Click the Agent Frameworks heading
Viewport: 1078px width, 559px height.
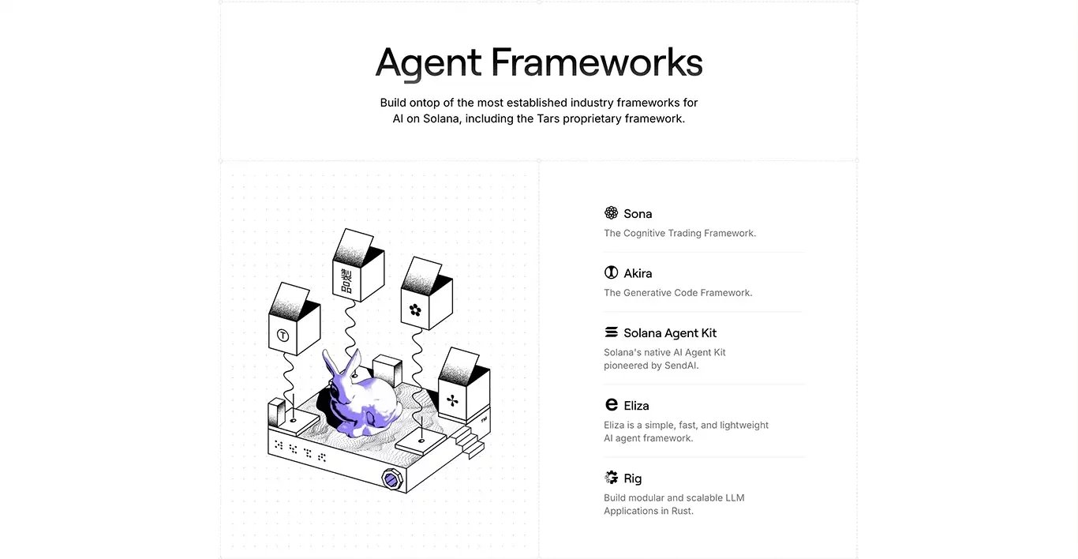pos(539,63)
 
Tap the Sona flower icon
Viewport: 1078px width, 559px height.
pos(611,213)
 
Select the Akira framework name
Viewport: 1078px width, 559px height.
pos(638,273)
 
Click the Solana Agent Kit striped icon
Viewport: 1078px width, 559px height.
pos(611,332)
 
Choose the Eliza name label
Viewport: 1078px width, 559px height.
pos(636,406)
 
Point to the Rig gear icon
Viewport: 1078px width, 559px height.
pos(611,478)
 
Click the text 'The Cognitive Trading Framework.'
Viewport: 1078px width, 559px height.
pos(680,233)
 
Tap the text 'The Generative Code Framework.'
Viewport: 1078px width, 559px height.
pos(678,293)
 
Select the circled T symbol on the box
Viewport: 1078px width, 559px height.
pos(283,336)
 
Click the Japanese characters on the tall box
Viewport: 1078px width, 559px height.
pos(346,281)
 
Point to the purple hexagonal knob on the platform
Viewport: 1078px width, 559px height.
pos(391,479)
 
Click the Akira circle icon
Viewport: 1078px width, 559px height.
pos(611,272)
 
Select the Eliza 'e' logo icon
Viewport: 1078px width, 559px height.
pos(611,404)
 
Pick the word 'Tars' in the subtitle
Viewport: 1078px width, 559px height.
pos(548,118)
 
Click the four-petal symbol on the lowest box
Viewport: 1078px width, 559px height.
pos(452,400)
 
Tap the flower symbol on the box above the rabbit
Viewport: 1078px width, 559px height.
pos(415,310)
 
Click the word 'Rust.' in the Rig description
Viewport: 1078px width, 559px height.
pos(683,511)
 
